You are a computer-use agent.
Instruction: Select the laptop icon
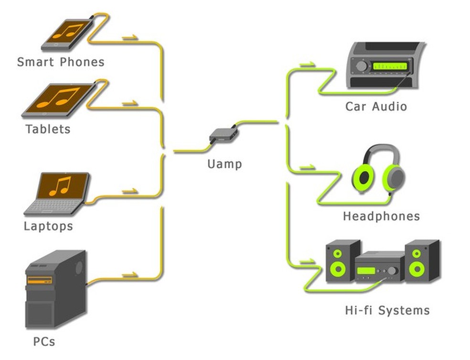(58, 194)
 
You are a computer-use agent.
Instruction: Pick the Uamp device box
(223, 134)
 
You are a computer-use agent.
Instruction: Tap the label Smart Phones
(61, 62)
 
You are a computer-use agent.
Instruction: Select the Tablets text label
(48, 129)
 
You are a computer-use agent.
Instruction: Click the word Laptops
(49, 226)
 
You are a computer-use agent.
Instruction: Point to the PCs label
(44, 341)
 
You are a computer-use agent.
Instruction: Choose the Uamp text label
(224, 164)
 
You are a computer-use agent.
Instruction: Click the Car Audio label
(376, 106)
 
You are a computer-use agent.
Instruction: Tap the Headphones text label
(381, 216)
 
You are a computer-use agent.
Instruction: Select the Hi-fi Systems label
(387, 310)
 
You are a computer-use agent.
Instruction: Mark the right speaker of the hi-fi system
(421, 261)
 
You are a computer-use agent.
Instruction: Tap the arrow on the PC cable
(130, 275)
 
